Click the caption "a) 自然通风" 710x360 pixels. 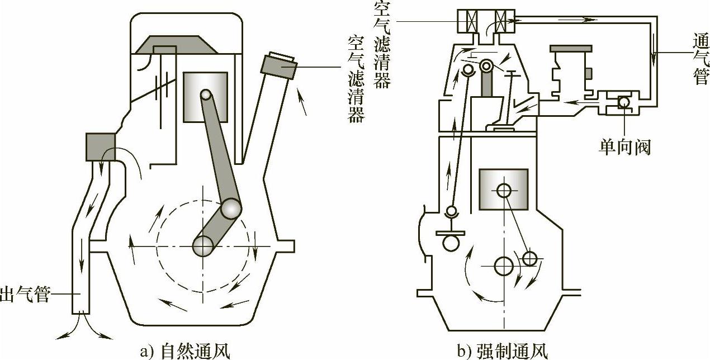pos(184,351)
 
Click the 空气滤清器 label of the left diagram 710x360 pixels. pos(355,79)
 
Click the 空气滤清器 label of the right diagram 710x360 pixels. pos(382,45)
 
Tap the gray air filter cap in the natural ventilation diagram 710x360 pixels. pos(278,64)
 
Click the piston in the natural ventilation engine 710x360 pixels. pos(205,96)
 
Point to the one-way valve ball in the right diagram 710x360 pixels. pos(623,102)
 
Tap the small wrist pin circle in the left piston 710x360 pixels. pos(206,96)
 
